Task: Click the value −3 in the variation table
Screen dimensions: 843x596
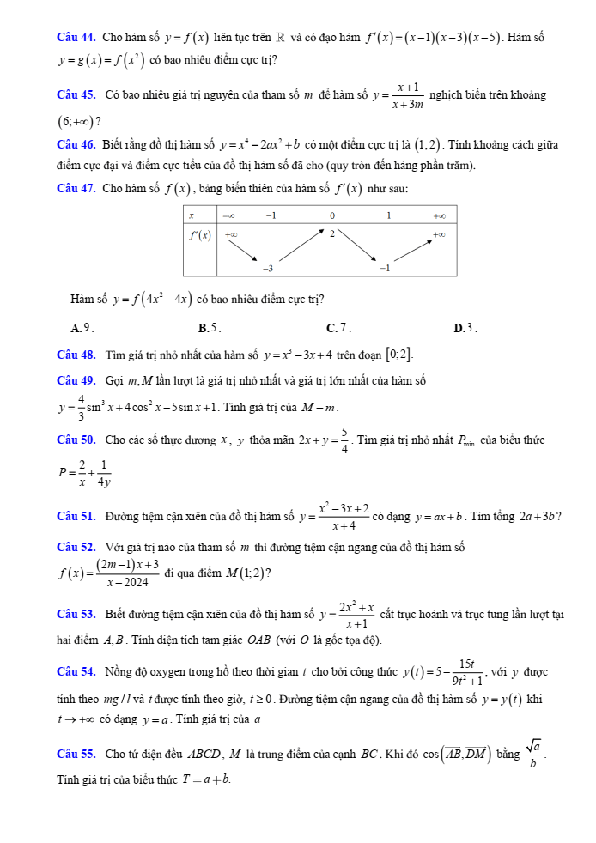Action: tap(268, 269)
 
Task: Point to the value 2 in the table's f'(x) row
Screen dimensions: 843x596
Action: tap(331, 233)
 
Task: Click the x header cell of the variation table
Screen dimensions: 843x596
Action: tap(192, 215)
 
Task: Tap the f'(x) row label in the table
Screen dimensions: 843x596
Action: tap(201, 235)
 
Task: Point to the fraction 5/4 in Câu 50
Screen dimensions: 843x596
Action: tap(344, 440)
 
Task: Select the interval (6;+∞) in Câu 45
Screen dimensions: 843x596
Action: tap(76, 119)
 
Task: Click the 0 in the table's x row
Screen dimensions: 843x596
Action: tap(331, 215)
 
